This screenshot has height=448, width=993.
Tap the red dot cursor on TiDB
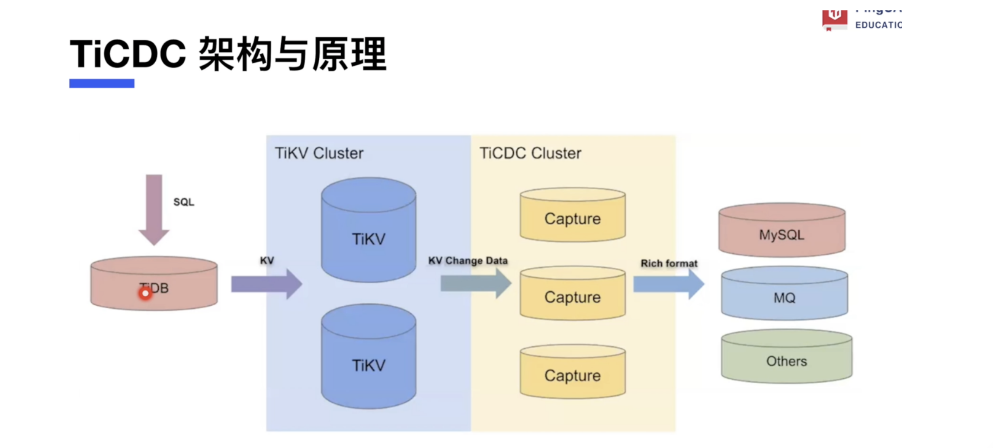(145, 294)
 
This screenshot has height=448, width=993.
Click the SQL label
(184, 202)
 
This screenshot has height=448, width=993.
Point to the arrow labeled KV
(266, 284)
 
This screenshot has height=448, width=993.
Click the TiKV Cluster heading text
(319, 153)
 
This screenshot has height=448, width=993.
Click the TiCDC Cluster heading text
(530, 153)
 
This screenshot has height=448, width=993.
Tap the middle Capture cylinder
(572, 294)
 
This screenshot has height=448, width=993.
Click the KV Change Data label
(468, 261)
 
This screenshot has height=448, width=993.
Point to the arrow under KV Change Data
(475, 284)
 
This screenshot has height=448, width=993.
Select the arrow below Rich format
(668, 284)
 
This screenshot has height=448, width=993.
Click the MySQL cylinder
(782, 231)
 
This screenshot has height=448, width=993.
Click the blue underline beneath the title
(102, 83)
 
